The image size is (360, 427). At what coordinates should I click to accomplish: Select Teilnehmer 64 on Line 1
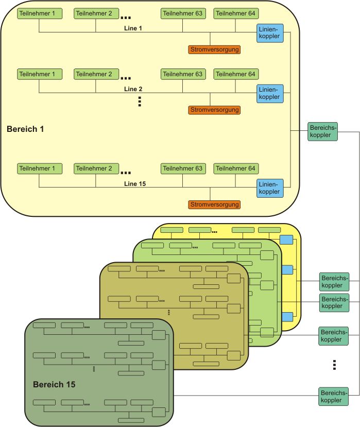(x=236, y=13)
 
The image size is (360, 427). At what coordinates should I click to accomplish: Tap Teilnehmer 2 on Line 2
(x=95, y=74)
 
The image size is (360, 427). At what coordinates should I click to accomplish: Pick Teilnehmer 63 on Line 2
(x=183, y=74)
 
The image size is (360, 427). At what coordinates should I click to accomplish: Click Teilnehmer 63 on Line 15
(x=183, y=168)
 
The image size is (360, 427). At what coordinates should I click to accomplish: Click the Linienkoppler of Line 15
(x=270, y=188)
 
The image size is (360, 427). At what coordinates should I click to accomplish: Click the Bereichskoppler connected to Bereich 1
(x=322, y=131)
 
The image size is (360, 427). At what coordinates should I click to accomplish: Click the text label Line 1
(x=133, y=28)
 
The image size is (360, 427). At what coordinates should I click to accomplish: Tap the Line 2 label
(x=133, y=89)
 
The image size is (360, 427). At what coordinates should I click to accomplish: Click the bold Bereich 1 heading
(x=25, y=129)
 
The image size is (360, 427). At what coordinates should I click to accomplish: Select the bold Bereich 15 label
(x=54, y=384)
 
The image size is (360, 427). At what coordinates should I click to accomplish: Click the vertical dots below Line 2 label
(x=140, y=101)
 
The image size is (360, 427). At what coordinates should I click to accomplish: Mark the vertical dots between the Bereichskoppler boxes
(x=334, y=365)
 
